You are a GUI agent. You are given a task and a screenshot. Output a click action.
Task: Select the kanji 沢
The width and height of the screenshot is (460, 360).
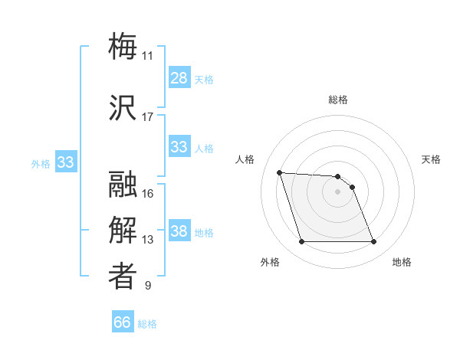(x=123, y=108)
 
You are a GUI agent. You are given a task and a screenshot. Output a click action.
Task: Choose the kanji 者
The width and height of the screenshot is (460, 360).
(x=123, y=277)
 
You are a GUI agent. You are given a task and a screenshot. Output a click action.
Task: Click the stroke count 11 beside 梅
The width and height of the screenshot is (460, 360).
(x=147, y=56)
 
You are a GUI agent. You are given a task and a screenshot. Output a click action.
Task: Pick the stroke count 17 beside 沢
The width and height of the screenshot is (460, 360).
(x=147, y=117)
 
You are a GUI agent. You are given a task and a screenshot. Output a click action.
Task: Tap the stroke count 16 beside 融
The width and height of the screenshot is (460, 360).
(x=147, y=194)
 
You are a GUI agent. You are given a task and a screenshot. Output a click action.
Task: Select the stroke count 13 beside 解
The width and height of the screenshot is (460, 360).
(x=147, y=240)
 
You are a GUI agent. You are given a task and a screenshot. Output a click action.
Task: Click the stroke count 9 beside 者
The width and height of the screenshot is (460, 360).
(x=147, y=286)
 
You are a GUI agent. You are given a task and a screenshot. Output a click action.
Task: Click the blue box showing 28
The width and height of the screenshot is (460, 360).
(x=179, y=78)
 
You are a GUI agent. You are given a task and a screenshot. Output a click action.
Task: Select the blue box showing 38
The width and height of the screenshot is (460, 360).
(x=179, y=231)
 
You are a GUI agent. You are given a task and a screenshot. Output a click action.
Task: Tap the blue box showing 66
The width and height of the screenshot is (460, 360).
(x=123, y=322)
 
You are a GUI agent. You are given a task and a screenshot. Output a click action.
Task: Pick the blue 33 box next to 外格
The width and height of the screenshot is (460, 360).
(x=65, y=162)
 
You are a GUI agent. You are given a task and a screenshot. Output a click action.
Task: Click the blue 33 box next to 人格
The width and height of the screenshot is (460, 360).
(x=179, y=147)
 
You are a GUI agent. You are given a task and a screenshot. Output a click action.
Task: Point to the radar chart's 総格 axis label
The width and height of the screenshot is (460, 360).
(x=338, y=100)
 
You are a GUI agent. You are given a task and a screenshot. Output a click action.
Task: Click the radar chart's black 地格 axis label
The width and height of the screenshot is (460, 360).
(x=402, y=262)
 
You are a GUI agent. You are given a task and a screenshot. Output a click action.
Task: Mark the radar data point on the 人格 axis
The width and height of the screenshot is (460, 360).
(x=279, y=172)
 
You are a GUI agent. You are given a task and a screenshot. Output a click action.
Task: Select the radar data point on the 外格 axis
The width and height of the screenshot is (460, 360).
(x=301, y=242)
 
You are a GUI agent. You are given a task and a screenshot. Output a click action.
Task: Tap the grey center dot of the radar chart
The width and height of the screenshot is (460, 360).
(x=338, y=191)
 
